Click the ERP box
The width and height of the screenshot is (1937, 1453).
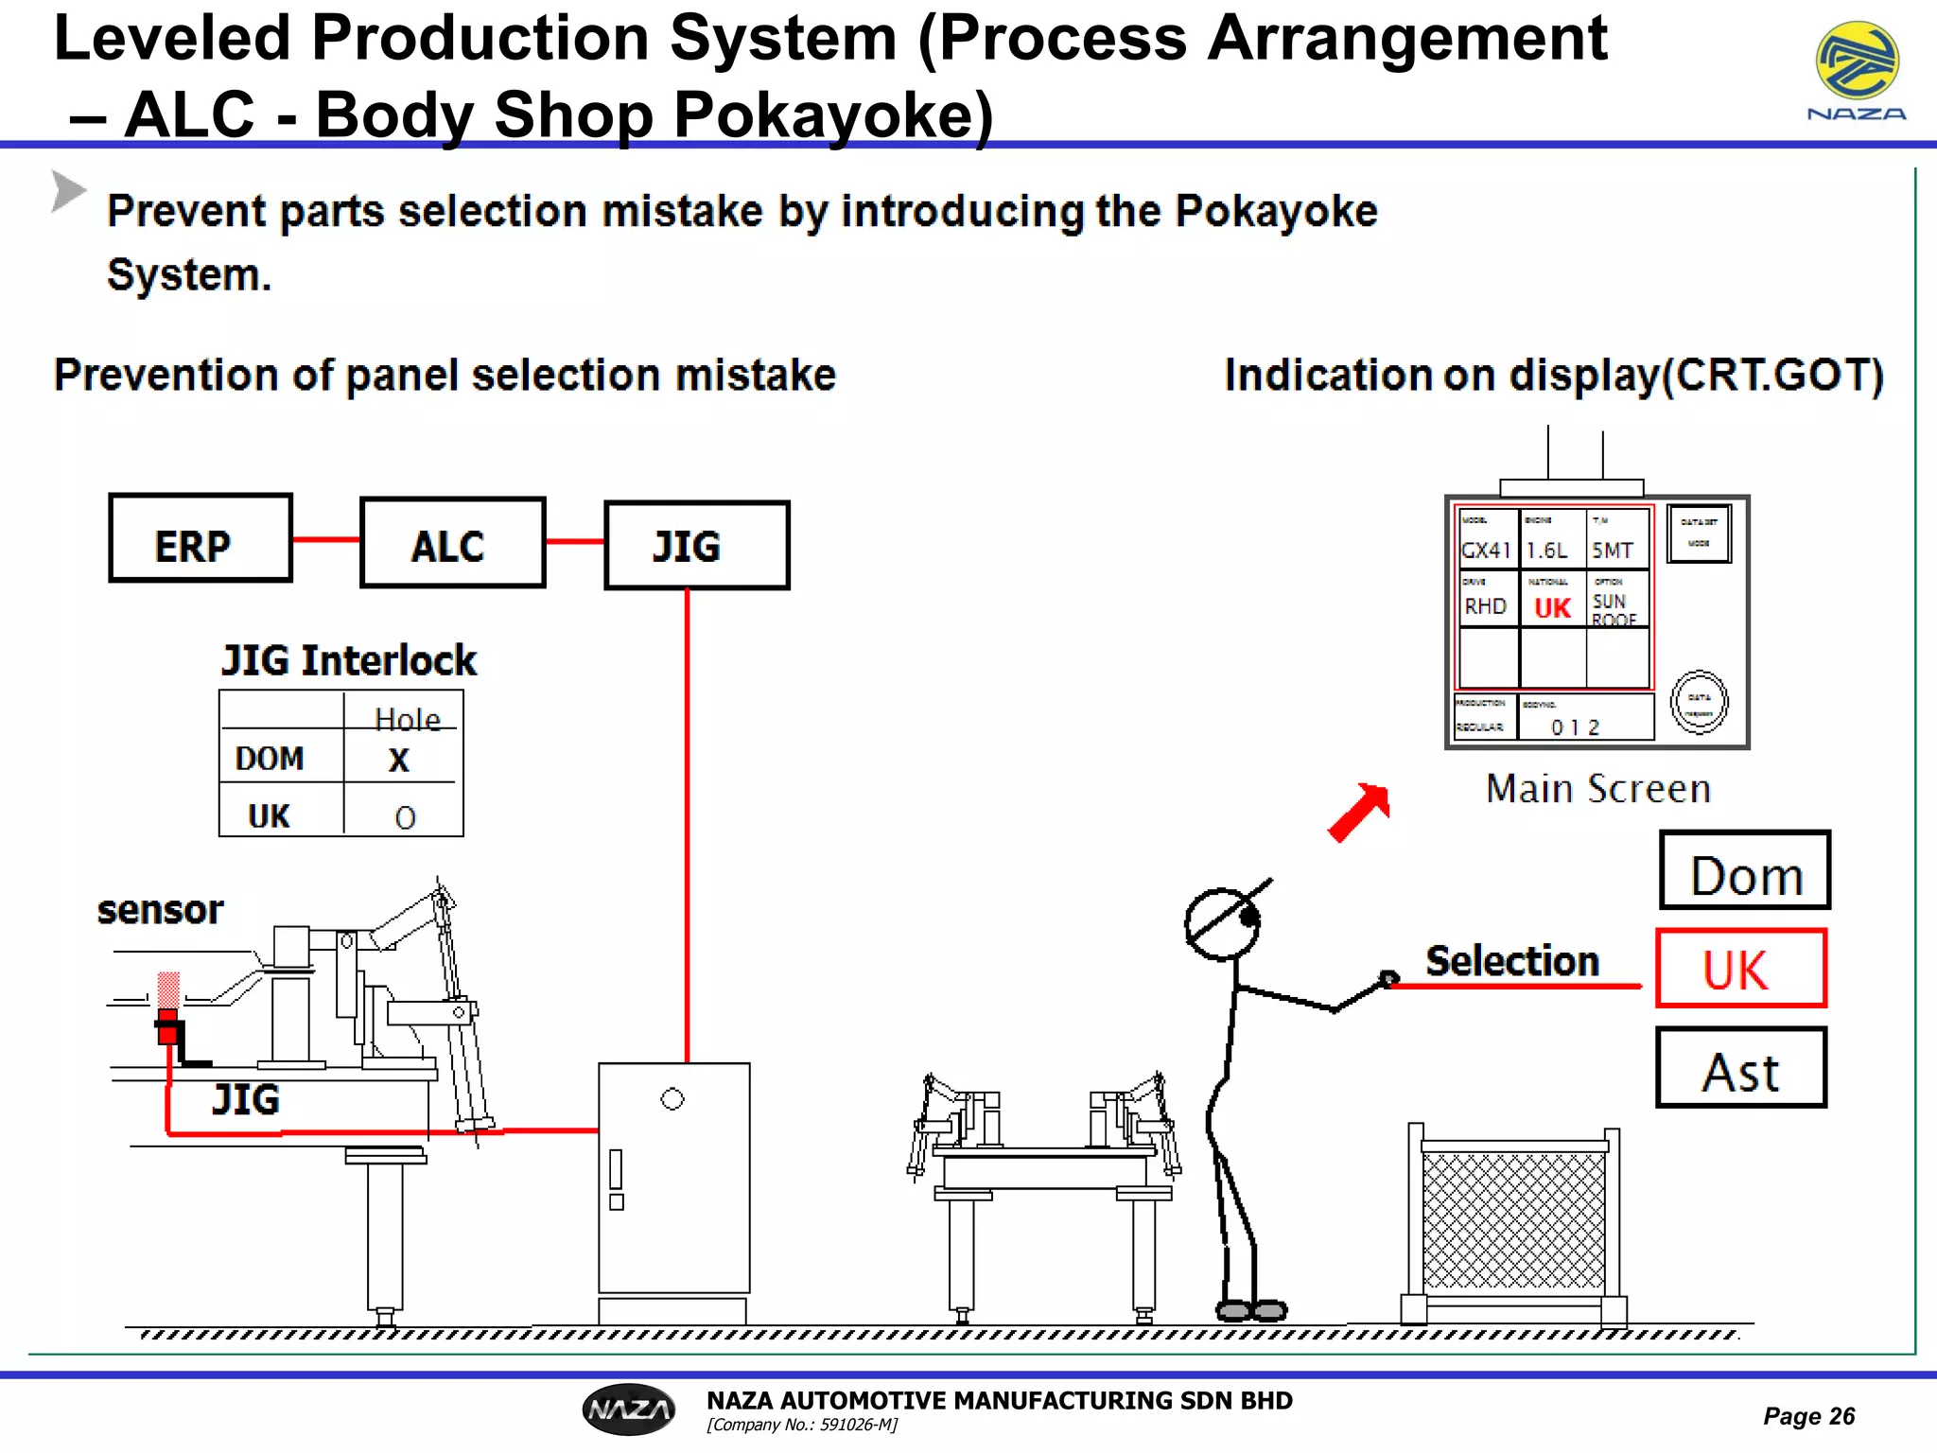point(201,537)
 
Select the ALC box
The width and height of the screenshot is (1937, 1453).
point(452,543)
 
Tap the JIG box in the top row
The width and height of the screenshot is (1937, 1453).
point(696,545)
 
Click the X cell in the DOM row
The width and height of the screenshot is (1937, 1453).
point(399,760)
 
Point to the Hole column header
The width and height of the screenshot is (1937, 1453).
point(407,719)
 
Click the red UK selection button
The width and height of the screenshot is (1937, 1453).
point(1740,969)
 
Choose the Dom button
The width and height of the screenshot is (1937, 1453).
point(1745,871)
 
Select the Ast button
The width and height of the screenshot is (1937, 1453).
point(1740,1069)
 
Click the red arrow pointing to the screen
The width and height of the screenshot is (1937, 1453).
point(1360,812)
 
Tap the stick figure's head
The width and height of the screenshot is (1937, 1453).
point(1222,924)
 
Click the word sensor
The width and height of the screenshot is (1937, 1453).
point(161,910)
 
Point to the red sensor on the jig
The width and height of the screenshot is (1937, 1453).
point(168,1024)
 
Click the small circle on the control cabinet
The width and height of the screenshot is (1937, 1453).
point(672,1099)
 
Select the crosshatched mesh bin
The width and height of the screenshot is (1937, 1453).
point(1513,1220)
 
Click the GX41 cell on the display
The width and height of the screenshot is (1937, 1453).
point(1486,550)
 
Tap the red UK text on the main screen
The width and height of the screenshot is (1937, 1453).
point(1552,608)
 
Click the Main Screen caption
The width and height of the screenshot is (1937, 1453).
point(1598,789)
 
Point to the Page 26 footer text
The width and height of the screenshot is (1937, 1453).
point(1808,1416)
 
